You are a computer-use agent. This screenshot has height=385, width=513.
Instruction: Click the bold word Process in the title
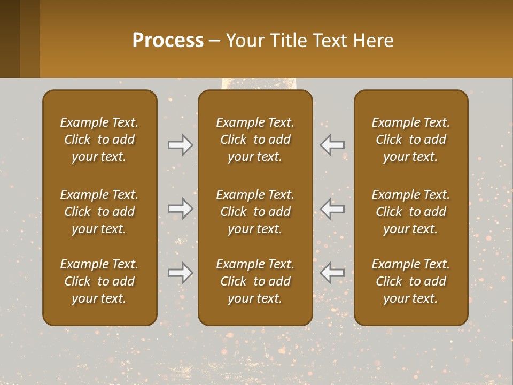coord(168,41)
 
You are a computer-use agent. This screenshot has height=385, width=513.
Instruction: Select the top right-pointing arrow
coord(181,145)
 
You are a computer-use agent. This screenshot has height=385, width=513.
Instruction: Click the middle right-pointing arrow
coord(181,209)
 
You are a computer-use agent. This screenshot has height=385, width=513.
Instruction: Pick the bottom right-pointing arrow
coord(181,273)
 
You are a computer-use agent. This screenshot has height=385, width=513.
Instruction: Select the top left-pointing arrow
coord(332,145)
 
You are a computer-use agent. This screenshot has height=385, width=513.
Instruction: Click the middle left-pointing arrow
coord(332,209)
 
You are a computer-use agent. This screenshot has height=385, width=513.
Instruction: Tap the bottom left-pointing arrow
coord(332,273)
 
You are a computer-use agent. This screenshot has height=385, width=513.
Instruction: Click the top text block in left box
coord(99,140)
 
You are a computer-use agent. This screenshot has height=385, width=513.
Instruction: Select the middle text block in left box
coord(99,212)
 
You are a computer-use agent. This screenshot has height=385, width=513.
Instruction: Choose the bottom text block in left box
coord(99,281)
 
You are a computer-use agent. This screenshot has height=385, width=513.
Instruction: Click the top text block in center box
coord(255,140)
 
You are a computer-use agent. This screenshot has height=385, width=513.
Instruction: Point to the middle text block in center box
coord(255,212)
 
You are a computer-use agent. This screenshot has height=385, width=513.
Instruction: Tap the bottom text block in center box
coord(255,281)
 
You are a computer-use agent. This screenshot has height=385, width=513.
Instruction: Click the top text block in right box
coord(411,140)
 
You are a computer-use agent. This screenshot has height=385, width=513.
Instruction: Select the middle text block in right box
coord(411,212)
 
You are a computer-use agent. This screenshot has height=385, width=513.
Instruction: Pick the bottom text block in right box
coord(411,281)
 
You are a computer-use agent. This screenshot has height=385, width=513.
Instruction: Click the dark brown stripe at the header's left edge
coord(10,38)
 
